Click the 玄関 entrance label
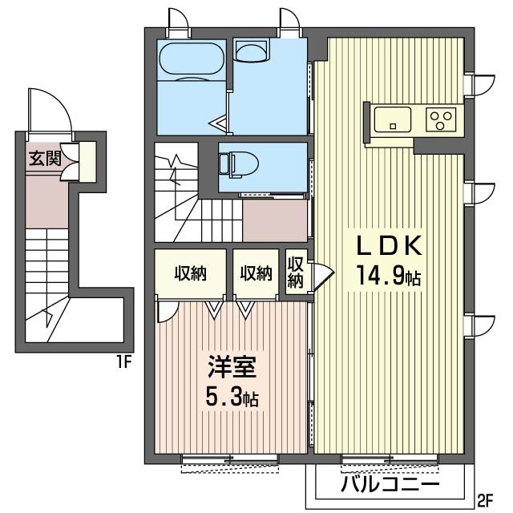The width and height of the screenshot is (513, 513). tap(45, 159)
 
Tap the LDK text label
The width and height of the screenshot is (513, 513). tap(389, 246)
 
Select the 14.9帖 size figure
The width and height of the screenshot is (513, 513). tap(389, 276)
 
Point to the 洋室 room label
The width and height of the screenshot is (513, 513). tap(232, 367)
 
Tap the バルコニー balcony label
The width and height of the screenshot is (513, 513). tap(390, 484)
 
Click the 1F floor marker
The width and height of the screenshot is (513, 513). tap(125, 362)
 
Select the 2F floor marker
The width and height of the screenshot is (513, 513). tap(486, 499)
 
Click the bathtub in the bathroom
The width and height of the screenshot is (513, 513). tap(192, 59)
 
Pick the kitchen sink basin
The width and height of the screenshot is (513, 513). tap(393, 119)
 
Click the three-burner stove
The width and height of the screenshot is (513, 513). tap(441, 119)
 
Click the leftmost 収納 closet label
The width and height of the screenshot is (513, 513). tap(190, 273)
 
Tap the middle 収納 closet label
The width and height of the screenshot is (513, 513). tap(256, 273)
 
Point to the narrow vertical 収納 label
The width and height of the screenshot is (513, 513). tap(296, 273)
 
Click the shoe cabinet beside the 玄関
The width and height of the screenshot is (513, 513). tap(87, 162)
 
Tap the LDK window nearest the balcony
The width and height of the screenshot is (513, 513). tap(390, 458)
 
